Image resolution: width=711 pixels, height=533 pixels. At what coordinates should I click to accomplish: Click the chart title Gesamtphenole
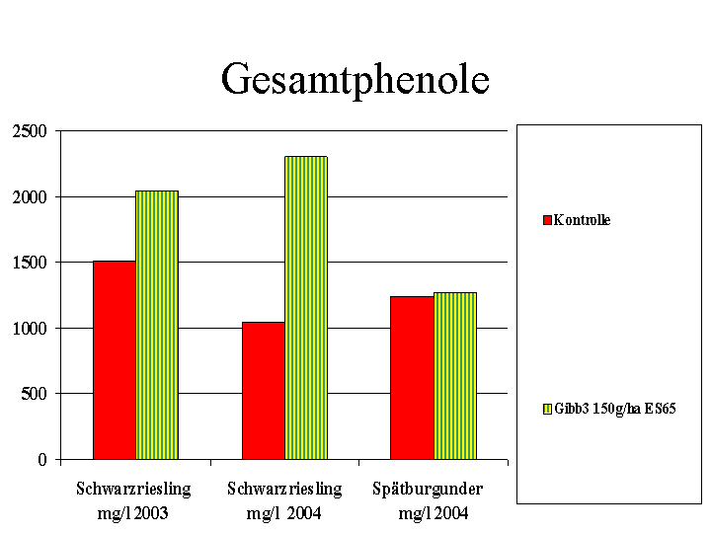(355, 79)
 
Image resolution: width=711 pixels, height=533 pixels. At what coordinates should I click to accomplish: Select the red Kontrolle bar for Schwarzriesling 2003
(115, 360)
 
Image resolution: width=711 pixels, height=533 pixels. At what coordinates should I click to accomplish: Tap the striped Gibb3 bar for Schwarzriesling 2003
(157, 325)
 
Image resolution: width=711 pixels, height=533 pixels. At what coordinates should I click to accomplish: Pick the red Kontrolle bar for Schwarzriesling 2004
(264, 391)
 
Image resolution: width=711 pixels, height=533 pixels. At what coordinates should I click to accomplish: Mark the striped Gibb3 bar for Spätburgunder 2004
(455, 376)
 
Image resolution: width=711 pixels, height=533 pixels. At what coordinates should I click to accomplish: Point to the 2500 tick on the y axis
(30, 131)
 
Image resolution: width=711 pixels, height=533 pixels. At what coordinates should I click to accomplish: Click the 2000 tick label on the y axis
(30, 197)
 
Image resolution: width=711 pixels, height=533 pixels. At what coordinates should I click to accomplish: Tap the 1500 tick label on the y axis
(30, 263)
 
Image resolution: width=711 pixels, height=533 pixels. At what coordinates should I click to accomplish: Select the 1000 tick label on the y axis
(30, 329)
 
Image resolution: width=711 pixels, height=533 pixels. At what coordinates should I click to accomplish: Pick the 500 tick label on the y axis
(35, 394)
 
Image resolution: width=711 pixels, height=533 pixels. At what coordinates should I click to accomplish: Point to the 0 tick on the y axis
(42, 460)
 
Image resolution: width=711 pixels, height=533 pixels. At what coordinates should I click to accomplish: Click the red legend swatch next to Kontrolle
(547, 220)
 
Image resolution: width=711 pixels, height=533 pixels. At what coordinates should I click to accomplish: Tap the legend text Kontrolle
(583, 220)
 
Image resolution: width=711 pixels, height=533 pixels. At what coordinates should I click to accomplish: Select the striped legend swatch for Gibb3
(547, 408)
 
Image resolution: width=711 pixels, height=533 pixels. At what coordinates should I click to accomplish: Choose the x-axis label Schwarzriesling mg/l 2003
(133, 501)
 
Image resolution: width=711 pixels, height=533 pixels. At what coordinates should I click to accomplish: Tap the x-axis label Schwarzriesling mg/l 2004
(284, 501)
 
